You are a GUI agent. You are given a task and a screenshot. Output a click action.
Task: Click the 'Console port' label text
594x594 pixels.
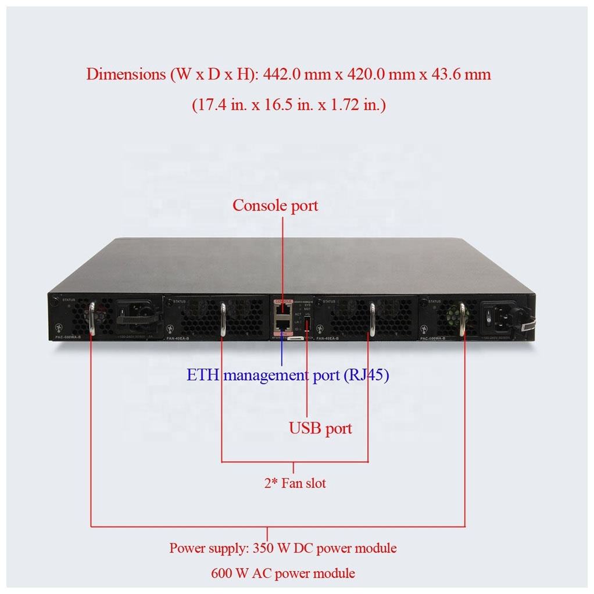pyautogui.click(x=275, y=205)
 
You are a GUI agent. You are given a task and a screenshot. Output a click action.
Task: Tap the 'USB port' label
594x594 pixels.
pyautogui.click(x=320, y=428)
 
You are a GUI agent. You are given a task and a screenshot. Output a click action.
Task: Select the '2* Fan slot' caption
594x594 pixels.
pyautogui.click(x=295, y=483)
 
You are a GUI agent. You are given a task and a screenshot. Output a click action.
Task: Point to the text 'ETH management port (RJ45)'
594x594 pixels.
pyautogui.click(x=288, y=375)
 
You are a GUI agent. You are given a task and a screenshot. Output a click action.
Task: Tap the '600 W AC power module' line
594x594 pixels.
pyautogui.click(x=283, y=573)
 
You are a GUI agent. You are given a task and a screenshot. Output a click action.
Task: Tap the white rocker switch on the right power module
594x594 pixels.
pyautogui.click(x=489, y=317)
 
